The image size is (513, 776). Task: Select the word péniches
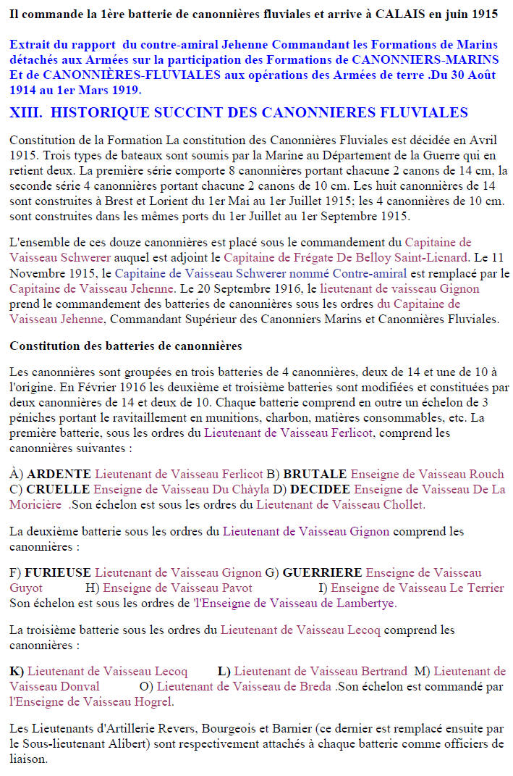[x=33, y=418]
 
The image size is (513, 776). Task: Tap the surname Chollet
[x=405, y=504]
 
